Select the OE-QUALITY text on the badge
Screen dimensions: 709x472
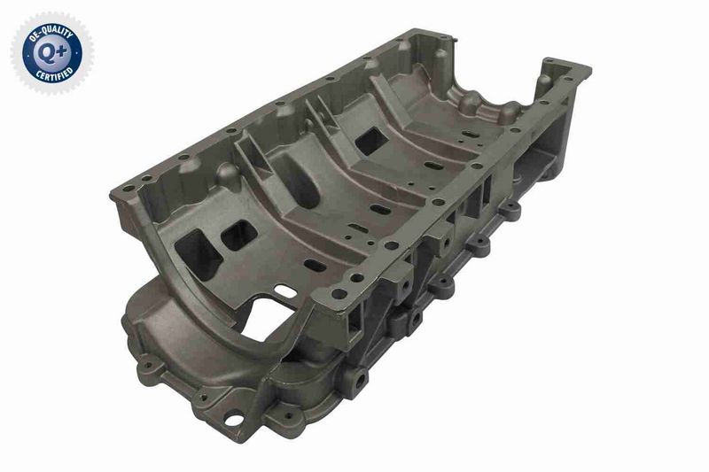click(51, 33)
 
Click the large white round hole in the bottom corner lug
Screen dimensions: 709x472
click(233, 420)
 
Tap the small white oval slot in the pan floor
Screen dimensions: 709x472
click(285, 290)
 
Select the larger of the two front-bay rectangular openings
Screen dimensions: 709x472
click(198, 253)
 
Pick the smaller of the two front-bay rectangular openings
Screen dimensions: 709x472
click(238, 235)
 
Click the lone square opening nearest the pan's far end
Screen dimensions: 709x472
click(370, 141)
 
